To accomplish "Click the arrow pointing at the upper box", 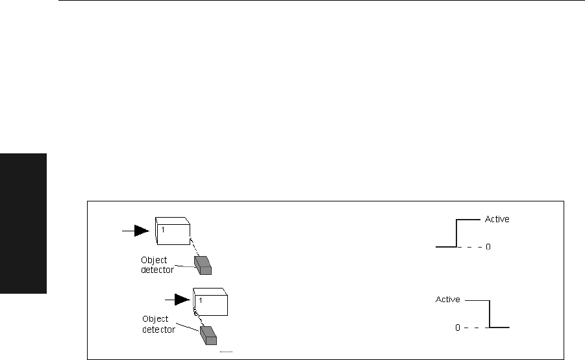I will [136, 229].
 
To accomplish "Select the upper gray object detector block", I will [204, 264].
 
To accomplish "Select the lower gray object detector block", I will [209, 334].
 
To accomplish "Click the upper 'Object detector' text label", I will [154, 264].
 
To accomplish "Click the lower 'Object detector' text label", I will [155, 324].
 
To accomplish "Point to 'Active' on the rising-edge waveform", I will [497, 219].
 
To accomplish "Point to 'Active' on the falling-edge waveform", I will [448, 300].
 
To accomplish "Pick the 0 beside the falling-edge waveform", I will [456, 328].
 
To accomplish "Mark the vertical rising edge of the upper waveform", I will [456, 233].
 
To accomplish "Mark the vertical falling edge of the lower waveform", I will [489, 314].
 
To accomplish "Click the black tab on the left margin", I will [23, 224].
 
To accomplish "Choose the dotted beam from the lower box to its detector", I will [198, 318].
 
